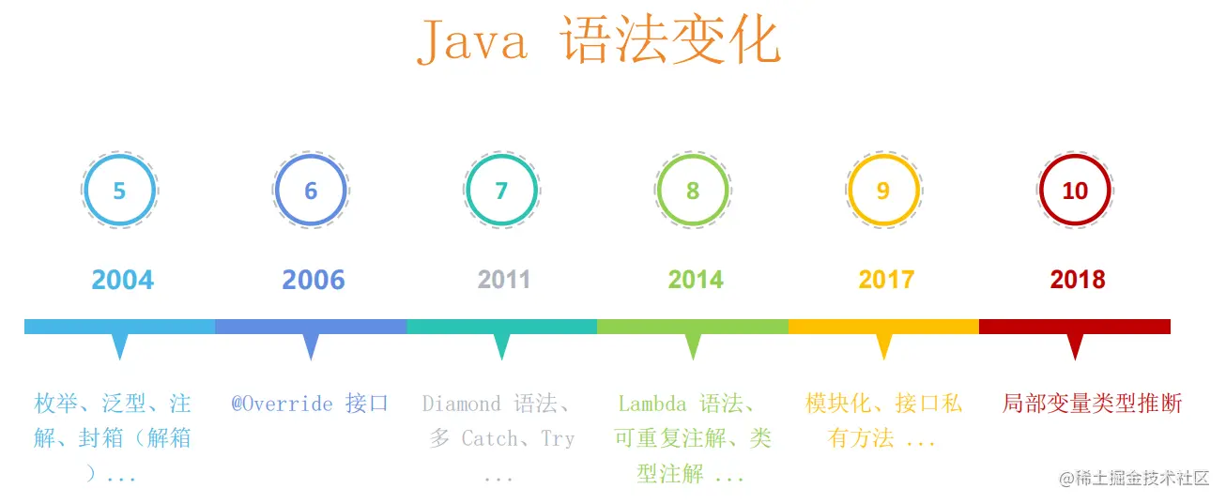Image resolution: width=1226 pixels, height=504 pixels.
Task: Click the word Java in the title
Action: click(x=472, y=40)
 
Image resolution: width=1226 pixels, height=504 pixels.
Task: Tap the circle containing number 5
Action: click(x=84, y=191)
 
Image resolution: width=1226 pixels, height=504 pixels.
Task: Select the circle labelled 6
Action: click(x=275, y=191)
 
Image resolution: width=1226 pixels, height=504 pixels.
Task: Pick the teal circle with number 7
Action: click(x=467, y=191)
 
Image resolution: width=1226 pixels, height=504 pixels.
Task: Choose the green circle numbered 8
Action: click(x=657, y=191)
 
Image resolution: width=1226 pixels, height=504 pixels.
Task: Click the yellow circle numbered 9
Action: click(x=849, y=191)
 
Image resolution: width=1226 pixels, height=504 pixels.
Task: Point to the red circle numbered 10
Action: click(x=1039, y=191)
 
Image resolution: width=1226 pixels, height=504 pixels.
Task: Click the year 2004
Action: click(x=123, y=280)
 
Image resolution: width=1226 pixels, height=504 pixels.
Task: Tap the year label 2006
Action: click(x=314, y=280)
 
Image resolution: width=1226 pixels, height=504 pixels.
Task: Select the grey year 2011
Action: click(x=504, y=280)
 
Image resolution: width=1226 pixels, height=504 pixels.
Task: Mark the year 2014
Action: click(x=696, y=280)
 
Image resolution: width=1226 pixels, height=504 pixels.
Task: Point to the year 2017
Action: click(x=887, y=280)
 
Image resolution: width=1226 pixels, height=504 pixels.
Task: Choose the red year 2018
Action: click(x=1078, y=280)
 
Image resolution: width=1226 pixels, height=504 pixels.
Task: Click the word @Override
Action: click(x=282, y=404)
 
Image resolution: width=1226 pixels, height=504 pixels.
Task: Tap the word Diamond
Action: click(x=461, y=404)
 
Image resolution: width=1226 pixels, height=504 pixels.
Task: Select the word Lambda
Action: click(x=651, y=404)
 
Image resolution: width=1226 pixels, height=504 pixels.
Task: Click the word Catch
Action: click(x=490, y=438)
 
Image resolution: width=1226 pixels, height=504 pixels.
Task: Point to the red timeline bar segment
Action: click(x=1075, y=327)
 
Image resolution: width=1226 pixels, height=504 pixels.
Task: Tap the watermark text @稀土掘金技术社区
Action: click(x=1134, y=479)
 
